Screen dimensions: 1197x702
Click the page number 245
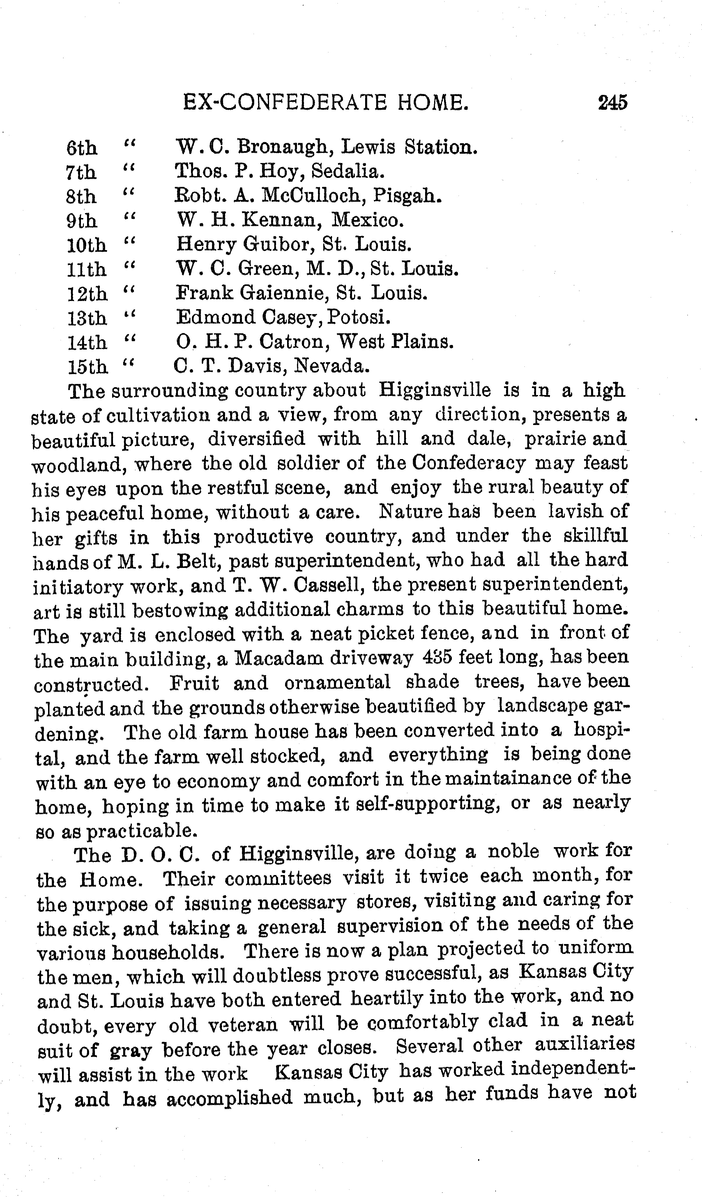click(x=613, y=102)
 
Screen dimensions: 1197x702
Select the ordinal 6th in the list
click(x=82, y=148)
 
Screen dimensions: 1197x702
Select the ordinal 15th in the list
click(x=87, y=367)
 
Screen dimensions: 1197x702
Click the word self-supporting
click(x=427, y=804)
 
